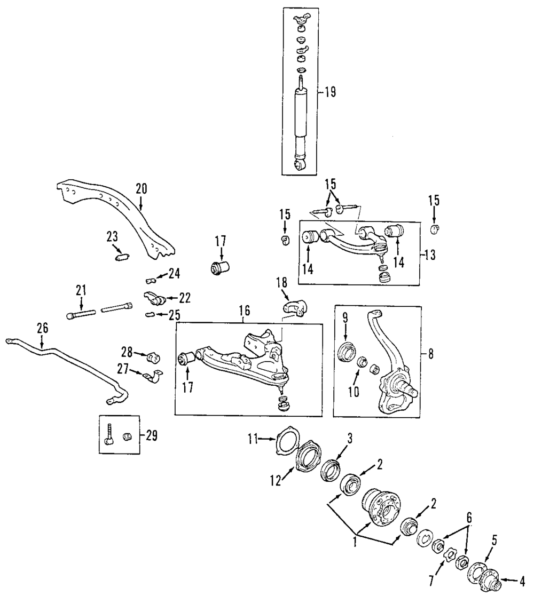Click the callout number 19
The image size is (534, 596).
click(329, 92)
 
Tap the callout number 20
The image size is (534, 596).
click(140, 188)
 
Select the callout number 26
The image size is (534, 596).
click(41, 327)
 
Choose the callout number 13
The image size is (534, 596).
click(429, 255)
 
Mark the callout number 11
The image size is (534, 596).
click(253, 439)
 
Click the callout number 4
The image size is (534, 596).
click(521, 579)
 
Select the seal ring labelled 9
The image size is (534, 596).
click(346, 353)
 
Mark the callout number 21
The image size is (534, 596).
click(81, 290)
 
